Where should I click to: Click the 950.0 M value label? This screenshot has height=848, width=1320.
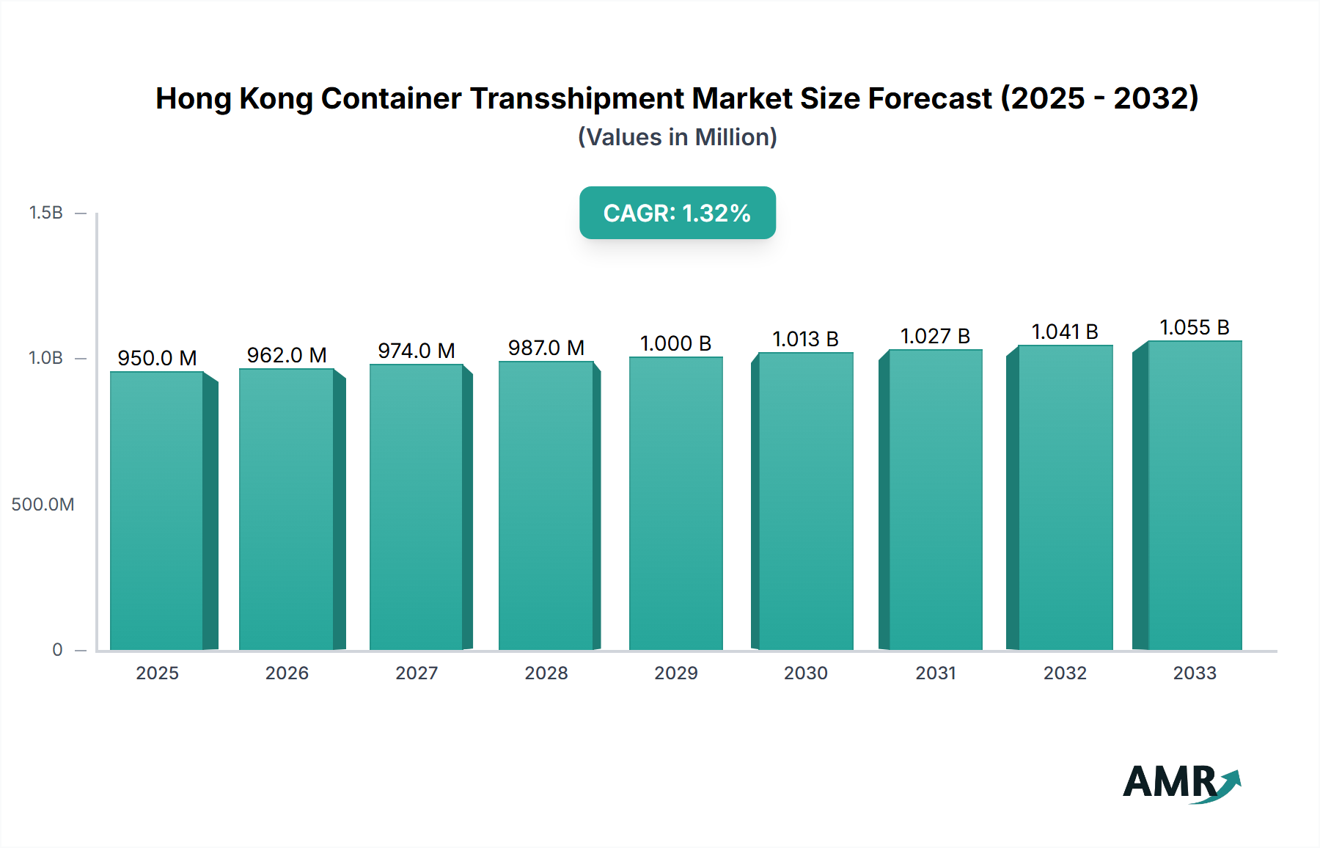tap(157, 358)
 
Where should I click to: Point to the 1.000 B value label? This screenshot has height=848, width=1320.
tap(676, 343)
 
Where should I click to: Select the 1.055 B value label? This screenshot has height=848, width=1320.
tap(1195, 327)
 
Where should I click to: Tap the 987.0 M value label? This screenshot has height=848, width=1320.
tap(546, 348)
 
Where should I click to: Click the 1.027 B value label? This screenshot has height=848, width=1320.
tap(935, 336)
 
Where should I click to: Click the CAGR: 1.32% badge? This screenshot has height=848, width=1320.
tap(677, 213)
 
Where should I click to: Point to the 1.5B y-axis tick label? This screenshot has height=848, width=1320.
tap(45, 213)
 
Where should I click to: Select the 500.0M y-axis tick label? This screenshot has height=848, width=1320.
tap(43, 505)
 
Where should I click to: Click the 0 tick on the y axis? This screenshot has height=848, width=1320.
tap(57, 650)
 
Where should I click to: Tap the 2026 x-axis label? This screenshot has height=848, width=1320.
tap(287, 673)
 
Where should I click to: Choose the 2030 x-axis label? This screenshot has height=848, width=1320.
tap(805, 673)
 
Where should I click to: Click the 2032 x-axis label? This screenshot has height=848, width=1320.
tap(1065, 673)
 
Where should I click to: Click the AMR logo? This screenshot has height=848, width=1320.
tap(1181, 783)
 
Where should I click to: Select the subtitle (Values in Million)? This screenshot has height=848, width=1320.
tap(677, 137)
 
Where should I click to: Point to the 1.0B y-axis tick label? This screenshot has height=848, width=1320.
tap(45, 358)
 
